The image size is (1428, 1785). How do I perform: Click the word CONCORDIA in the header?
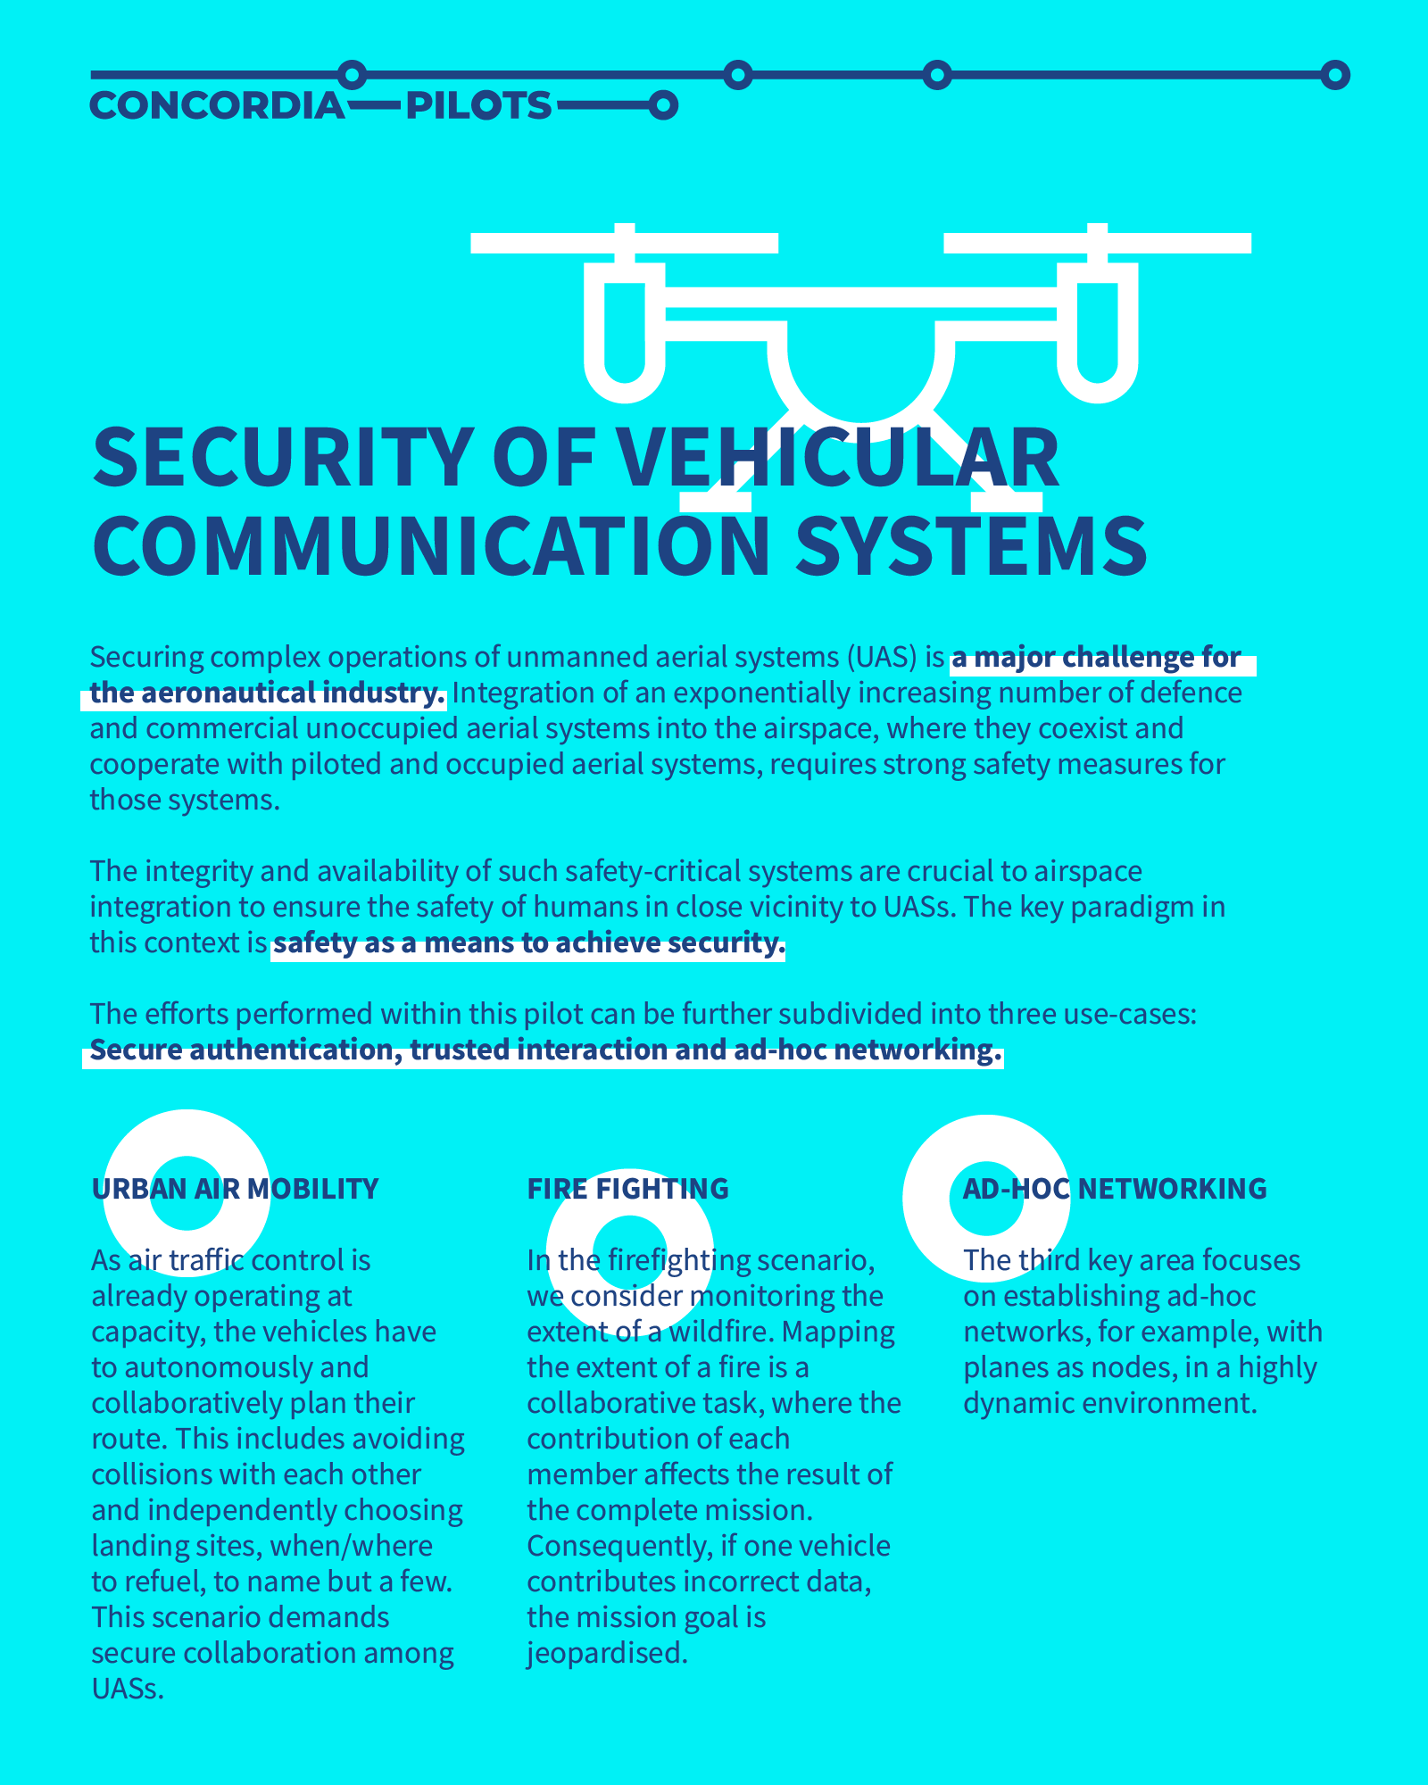[x=217, y=106]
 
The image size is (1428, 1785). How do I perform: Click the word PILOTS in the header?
[x=479, y=106]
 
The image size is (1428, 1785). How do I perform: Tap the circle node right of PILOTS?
[x=662, y=106]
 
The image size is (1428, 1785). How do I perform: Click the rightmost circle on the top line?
[x=1335, y=76]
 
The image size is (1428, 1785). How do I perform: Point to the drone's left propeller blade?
[x=624, y=243]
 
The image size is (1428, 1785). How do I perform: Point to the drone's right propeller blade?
[x=1097, y=243]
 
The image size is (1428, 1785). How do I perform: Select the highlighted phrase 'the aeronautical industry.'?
[x=268, y=693]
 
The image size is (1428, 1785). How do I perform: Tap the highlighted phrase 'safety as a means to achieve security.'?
[x=528, y=943]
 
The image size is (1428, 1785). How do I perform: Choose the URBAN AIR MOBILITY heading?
[x=236, y=1189]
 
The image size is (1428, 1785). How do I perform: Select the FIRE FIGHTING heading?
[x=628, y=1189]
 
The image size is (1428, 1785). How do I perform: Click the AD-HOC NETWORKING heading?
[x=1115, y=1189]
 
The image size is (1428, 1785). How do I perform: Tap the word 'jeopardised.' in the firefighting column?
[x=608, y=1653]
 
